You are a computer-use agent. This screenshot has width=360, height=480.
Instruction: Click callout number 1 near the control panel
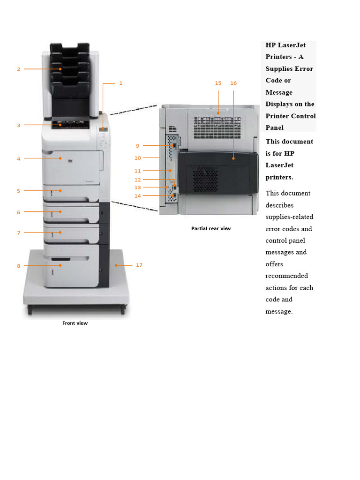[x=120, y=83]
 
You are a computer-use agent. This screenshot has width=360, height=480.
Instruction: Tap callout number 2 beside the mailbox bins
[x=19, y=69]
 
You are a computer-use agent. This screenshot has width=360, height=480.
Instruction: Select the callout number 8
[x=19, y=266]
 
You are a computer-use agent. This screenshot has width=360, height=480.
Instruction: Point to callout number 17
[x=139, y=265]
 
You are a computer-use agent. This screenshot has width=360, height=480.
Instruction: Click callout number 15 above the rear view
[x=218, y=83]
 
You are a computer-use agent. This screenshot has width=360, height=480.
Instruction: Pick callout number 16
[x=233, y=83]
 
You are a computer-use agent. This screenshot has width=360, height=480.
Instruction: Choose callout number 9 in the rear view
[x=137, y=146]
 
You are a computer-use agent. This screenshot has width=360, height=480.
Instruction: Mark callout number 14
[x=137, y=196]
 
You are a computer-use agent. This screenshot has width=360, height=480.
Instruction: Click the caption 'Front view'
[x=75, y=323]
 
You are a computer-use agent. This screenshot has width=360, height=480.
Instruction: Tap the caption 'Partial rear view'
[x=211, y=229]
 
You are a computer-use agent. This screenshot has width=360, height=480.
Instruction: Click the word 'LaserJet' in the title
[x=292, y=45]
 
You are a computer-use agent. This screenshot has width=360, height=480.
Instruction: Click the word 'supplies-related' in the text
[x=289, y=217]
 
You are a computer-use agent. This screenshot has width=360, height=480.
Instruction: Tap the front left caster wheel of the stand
[x=30, y=310]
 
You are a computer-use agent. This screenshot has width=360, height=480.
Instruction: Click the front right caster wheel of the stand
[x=123, y=310]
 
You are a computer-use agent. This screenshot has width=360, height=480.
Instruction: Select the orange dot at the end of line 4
[x=60, y=158]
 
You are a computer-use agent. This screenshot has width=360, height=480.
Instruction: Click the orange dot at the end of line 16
[x=233, y=159]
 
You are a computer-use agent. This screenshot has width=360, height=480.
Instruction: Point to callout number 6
[x=19, y=212]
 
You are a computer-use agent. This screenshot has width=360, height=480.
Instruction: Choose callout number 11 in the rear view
[x=137, y=171]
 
